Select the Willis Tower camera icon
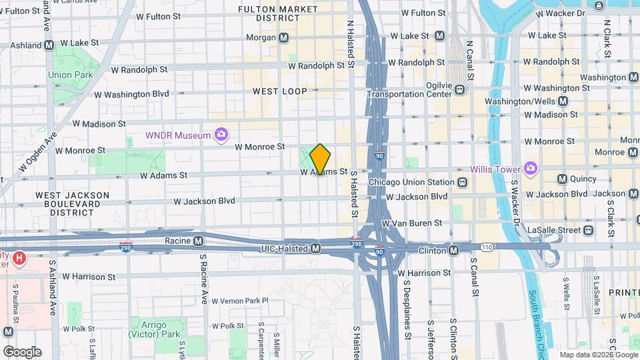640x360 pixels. point(531,168)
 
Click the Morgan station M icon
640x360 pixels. point(284,38)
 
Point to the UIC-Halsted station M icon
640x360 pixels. point(316,249)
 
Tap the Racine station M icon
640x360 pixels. point(198,241)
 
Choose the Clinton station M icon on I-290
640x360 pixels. point(453,250)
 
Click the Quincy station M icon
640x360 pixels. point(562,179)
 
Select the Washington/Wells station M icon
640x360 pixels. point(563,101)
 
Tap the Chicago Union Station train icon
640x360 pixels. point(462,182)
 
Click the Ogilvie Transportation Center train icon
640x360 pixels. point(459,87)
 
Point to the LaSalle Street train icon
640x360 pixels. point(588,230)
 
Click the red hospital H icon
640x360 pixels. point(20,257)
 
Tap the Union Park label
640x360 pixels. point(71,75)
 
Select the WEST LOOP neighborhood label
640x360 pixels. point(280,91)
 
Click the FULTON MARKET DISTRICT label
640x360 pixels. point(279,14)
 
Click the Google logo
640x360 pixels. point(22,351)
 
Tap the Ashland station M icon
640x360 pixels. point(49,45)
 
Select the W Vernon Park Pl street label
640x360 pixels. point(237,301)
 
